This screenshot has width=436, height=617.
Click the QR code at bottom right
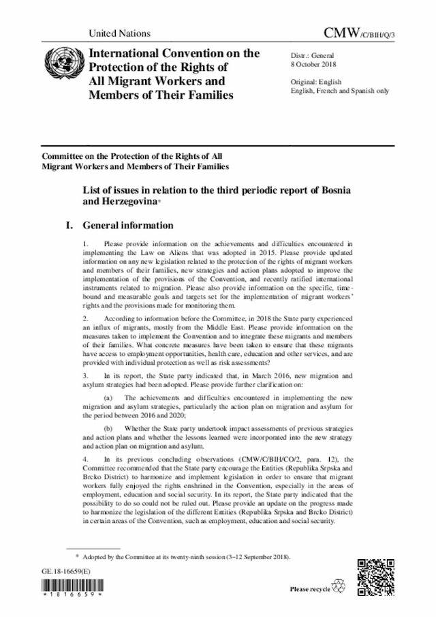click(375, 574)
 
